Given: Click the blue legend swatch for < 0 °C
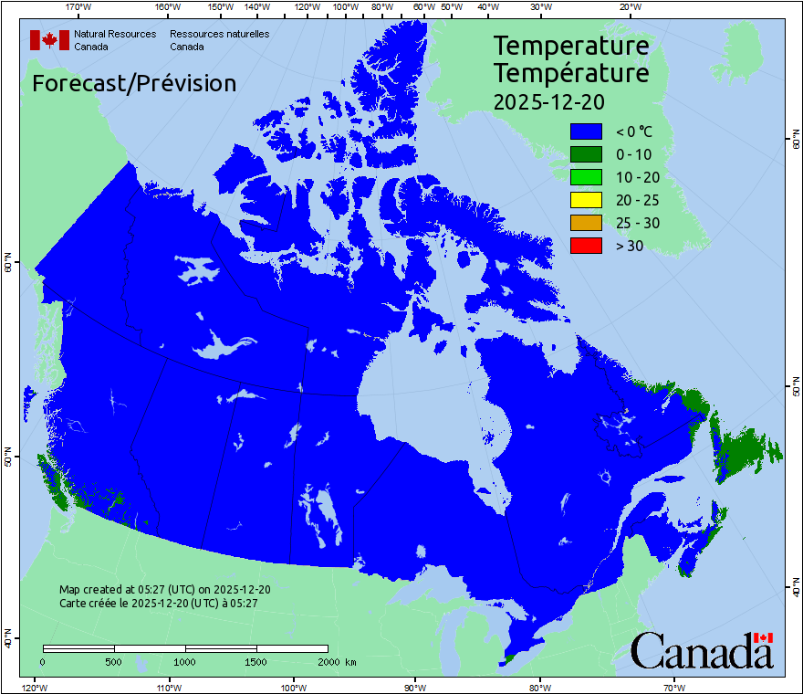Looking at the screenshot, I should tap(586, 132).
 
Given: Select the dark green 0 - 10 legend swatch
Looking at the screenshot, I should tap(586, 155).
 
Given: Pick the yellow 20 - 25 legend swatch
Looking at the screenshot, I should tap(586, 200).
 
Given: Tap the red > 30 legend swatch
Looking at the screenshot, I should tap(586, 245).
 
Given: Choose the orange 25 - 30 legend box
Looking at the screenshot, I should tap(586, 223).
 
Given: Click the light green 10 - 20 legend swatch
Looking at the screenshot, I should tap(586, 177).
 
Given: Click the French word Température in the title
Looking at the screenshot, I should tap(571, 72).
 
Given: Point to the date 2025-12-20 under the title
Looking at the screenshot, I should tap(548, 101).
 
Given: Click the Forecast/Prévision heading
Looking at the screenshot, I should tap(134, 84).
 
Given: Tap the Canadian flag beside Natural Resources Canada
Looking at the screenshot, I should tap(49, 40).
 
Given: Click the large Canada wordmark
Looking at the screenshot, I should tap(701, 650).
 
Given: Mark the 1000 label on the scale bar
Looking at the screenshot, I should tap(185, 661).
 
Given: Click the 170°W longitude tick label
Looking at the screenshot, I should tap(79, 7).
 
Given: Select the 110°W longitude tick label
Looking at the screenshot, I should tap(168, 687).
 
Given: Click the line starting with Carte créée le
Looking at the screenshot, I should tap(158, 603).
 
